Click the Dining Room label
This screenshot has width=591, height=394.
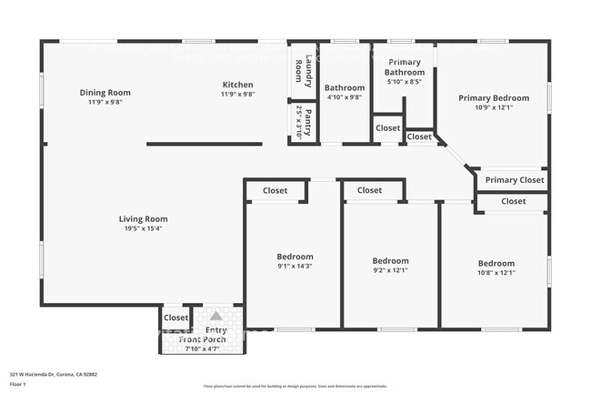coord(105,92)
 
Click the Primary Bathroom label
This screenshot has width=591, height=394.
coord(404,66)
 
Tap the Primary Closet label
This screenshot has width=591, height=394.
coord(514,179)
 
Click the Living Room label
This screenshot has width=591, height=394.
coord(143,218)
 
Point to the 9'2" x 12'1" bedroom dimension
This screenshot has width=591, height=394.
coord(390,270)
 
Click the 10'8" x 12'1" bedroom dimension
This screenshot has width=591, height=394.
coord(496,273)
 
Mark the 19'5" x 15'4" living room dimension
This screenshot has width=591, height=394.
coord(143,228)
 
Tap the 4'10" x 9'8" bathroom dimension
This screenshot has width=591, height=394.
coord(344,97)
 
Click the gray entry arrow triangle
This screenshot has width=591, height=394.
coord(215,315)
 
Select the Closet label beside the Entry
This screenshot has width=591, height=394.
coord(175,318)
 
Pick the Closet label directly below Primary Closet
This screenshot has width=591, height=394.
coord(513,201)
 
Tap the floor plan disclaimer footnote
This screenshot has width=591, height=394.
coord(295,386)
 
